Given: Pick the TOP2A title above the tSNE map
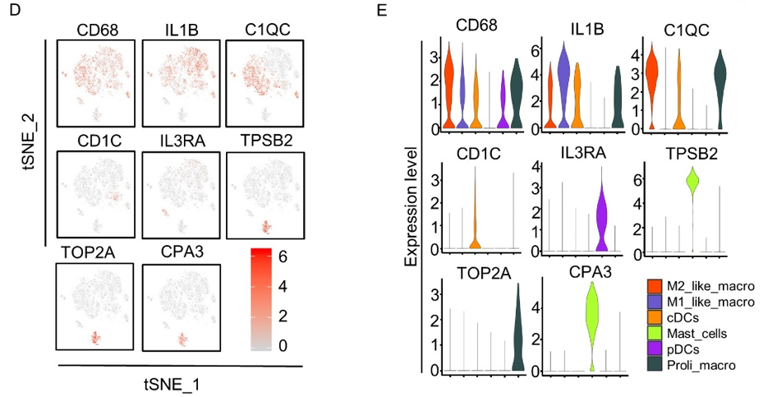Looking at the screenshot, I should (92, 252).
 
